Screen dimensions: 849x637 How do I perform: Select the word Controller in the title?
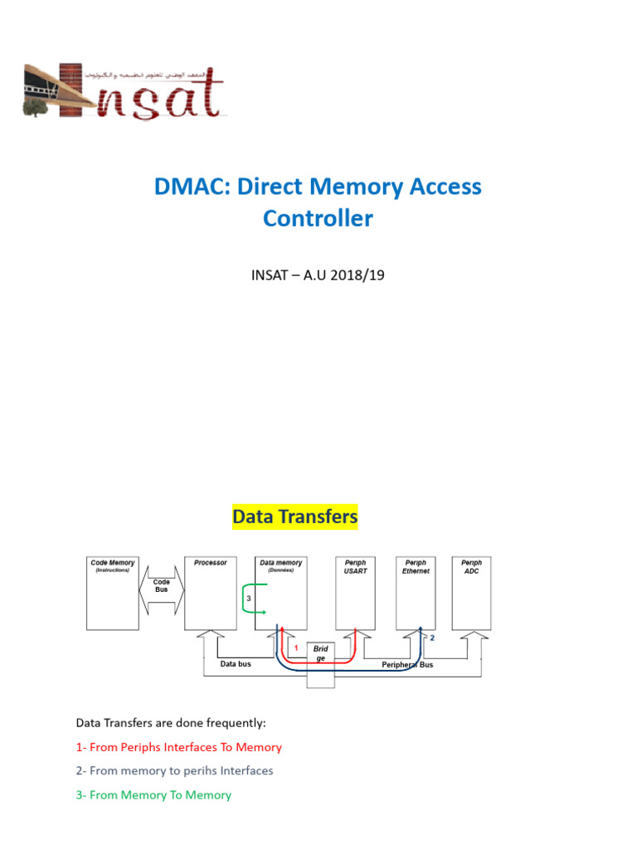[x=318, y=219]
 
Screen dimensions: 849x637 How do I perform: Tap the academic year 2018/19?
[x=353, y=274]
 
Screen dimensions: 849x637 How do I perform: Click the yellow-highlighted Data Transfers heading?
[x=294, y=517]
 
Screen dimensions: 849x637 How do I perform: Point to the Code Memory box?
[x=112, y=593]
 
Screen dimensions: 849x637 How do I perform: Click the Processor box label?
[x=210, y=563]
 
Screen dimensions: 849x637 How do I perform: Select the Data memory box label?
[x=280, y=563]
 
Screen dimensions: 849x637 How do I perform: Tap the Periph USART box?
[x=355, y=593]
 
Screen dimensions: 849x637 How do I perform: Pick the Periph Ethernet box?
[x=416, y=593]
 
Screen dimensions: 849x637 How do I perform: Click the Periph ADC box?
[x=471, y=593]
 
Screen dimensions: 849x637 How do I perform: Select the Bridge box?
[x=321, y=653]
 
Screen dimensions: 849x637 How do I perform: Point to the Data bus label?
[x=236, y=664]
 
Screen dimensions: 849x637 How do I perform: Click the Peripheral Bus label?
[x=406, y=665]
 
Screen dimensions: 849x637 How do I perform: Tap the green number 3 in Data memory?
[x=249, y=599]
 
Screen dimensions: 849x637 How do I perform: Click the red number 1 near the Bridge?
[x=295, y=647]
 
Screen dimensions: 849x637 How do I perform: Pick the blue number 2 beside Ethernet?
[x=431, y=638]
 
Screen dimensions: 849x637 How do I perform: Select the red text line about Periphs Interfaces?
[x=178, y=747]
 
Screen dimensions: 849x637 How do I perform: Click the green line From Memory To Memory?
[x=153, y=795]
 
